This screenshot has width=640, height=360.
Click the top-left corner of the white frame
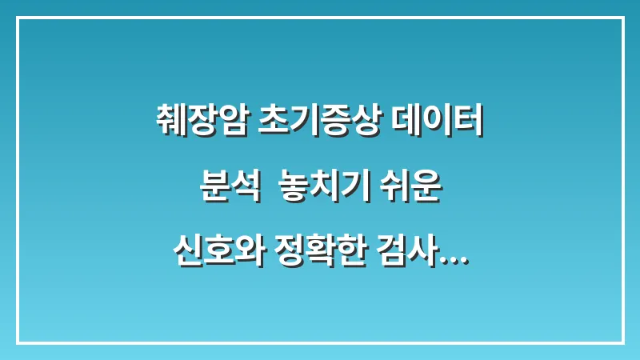pyautogui.click(x=18, y=18)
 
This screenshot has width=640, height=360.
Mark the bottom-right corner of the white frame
pyautogui.click(x=622, y=342)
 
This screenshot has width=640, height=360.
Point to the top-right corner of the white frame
pyautogui.click(x=622, y=18)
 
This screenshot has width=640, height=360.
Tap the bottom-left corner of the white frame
pyautogui.click(x=18, y=342)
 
